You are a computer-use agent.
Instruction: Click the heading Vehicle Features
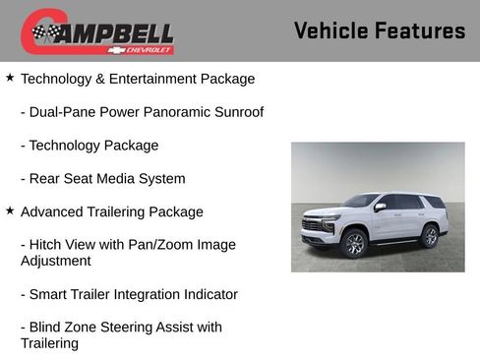click(379, 30)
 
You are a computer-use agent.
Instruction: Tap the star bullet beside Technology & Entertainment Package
click(10, 77)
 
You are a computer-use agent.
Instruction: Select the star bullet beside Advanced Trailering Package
click(10, 210)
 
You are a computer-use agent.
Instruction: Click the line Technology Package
click(89, 146)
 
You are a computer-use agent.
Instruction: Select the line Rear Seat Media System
click(102, 179)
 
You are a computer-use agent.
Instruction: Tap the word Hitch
click(48, 245)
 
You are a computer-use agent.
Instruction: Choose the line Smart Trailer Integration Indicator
click(129, 294)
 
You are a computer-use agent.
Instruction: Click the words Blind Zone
click(64, 328)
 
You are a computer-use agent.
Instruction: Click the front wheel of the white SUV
click(354, 243)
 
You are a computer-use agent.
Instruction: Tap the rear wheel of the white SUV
click(429, 236)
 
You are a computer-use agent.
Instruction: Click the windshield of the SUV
click(360, 202)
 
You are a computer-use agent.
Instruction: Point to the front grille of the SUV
click(313, 224)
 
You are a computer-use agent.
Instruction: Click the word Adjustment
click(56, 262)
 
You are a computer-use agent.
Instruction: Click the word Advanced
click(51, 211)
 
